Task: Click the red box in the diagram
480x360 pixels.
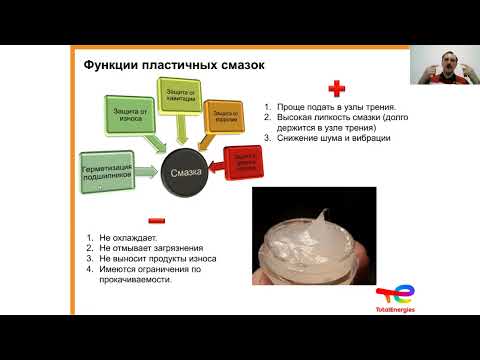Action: point(246,161)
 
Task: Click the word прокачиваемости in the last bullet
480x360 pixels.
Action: point(135,280)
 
